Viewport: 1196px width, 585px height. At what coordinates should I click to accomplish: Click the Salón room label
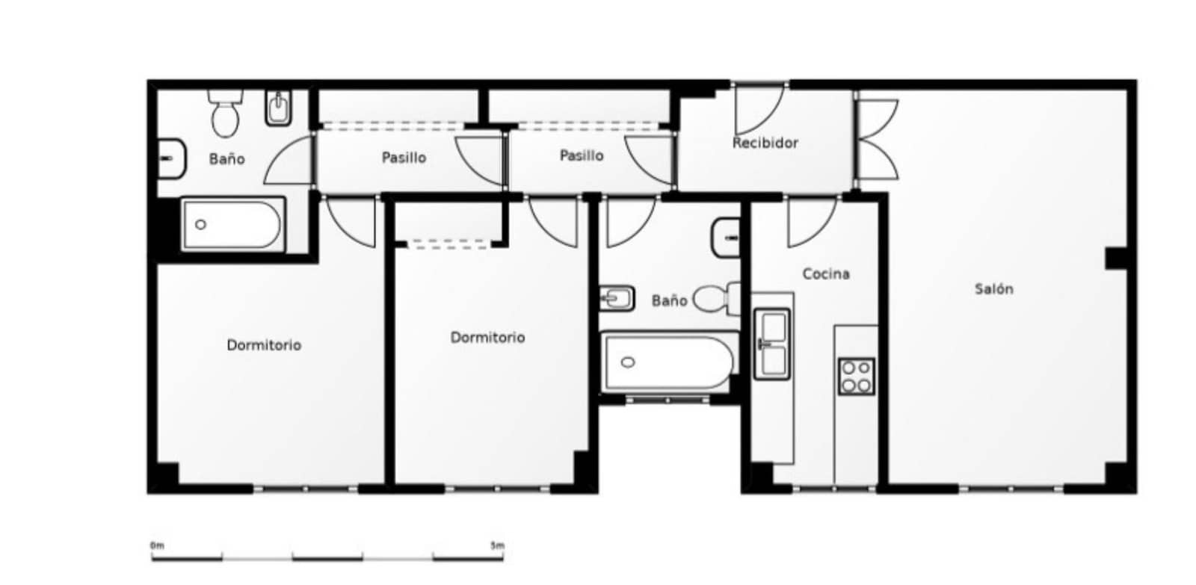(993, 289)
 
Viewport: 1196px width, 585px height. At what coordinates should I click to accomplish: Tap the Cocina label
(825, 274)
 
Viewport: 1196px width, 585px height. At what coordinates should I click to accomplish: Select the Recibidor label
(765, 143)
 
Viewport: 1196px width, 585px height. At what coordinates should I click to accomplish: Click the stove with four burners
(856, 377)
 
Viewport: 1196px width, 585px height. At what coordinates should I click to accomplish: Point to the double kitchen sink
(771, 344)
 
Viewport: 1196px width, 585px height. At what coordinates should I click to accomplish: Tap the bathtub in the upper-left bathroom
(232, 224)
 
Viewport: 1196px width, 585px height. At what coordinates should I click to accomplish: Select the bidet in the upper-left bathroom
(278, 109)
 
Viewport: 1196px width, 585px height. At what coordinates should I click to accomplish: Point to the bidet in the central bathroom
(617, 299)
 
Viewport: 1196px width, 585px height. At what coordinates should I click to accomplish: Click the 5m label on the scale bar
(496, 545)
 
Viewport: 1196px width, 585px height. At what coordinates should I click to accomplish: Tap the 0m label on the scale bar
(157, 545)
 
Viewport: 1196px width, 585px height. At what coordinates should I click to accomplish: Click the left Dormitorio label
(264, 345)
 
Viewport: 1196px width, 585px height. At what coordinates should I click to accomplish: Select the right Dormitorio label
(487, 338)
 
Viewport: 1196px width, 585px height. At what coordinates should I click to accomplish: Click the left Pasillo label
(404, 158)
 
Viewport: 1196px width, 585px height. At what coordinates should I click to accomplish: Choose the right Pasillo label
(582, 155)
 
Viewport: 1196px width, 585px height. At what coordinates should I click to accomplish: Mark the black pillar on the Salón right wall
(1116, 259)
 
